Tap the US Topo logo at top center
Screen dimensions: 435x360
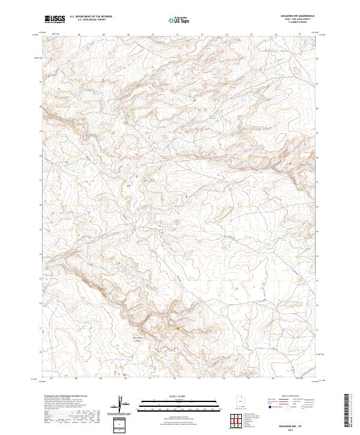click(180, 20)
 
